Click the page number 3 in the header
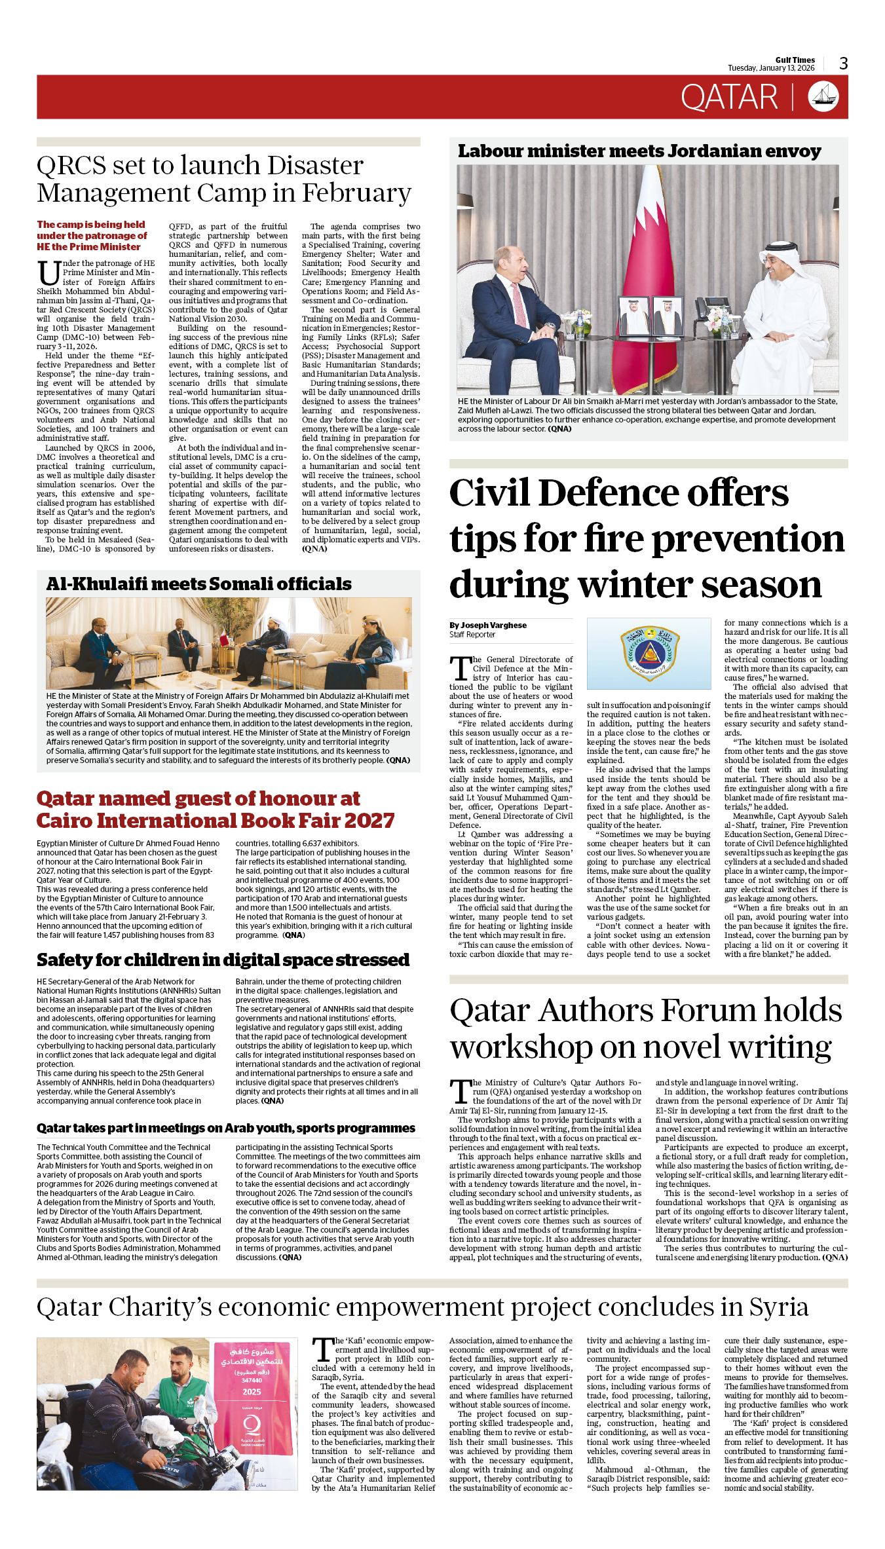pyautogui.click(x=843, y=64)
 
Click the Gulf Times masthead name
pyautogui.click(x=795, y=60)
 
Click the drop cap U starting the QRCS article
pyautogui.click(x=48, y=272)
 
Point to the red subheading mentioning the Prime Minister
pyautogui.click(x=92, y=236)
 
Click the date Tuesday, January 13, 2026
pyautogui.click(x=771, y=68)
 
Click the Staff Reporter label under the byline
pyautogui.click(x=472, y=635)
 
